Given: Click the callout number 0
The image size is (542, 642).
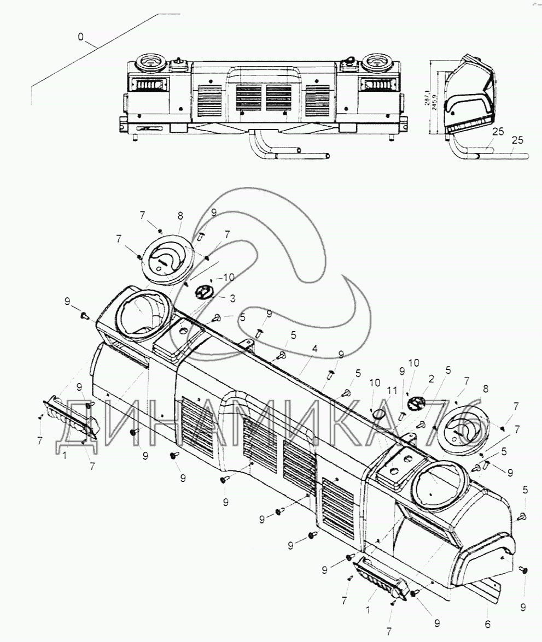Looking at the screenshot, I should tap(81, 37).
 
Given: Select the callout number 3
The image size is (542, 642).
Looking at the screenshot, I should tap(232, 298).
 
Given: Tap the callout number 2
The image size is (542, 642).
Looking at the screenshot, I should tap(432, 378).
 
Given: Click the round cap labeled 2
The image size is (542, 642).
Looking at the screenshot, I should tap(416, 403).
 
